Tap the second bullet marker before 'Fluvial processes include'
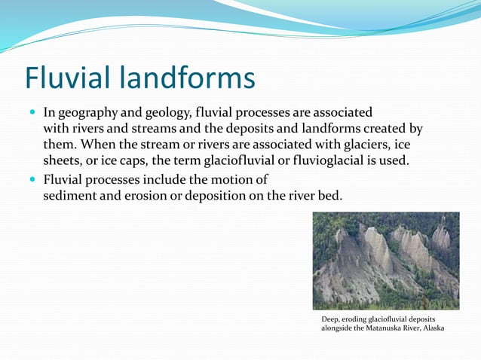[x=32, y=181]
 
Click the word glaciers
[x=377, y=145]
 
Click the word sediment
[x=72, y=196]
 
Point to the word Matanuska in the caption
[x=387, y=328]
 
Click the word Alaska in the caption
[x=431, y=328]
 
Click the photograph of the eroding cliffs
[x=385, y=261]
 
